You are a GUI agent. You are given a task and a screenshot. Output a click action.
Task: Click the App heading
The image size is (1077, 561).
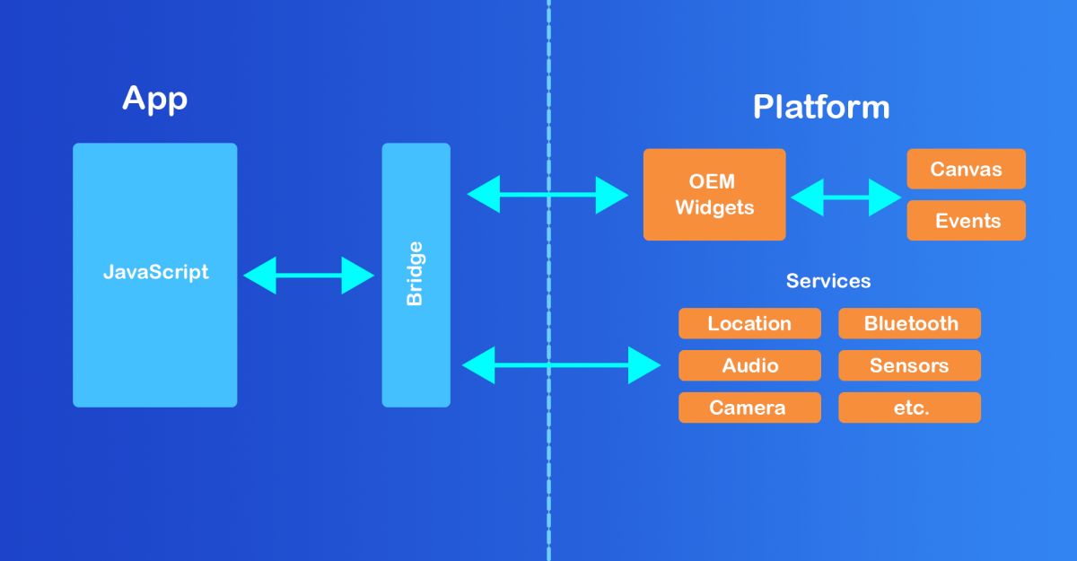click(154, 98)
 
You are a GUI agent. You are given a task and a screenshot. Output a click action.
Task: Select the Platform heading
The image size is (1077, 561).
click(820, 107)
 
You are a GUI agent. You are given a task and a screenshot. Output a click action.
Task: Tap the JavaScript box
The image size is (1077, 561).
click(155, 274)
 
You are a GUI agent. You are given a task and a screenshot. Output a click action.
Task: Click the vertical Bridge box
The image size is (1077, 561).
click(416, 274)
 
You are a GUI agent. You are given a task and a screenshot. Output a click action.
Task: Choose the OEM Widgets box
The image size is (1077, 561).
click(714, 195)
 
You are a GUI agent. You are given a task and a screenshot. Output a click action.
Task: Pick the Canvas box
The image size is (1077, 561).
click(966, 169)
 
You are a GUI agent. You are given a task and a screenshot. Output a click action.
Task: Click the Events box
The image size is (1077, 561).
click(966, 221)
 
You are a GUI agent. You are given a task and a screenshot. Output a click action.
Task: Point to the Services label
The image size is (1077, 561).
click(827, 281)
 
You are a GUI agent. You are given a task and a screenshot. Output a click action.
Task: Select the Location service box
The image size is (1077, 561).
click(749, 323)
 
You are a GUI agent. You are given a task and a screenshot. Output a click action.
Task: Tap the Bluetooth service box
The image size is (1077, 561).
click(909, 323)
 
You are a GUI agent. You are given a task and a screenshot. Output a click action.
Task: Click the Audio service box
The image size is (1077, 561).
click(749, 365)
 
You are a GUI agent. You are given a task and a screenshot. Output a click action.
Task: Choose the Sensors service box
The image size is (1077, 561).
click(909, 365)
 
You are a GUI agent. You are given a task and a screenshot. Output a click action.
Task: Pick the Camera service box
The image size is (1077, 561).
click(749, 408)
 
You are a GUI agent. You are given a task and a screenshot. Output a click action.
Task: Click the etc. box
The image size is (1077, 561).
click(909, 408)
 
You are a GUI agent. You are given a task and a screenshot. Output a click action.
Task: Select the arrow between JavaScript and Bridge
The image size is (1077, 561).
click(309, 276)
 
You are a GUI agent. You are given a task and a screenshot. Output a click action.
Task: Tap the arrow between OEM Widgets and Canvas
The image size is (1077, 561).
click(845, 197)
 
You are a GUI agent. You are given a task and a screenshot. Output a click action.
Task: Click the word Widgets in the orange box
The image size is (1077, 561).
click(714, 208)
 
